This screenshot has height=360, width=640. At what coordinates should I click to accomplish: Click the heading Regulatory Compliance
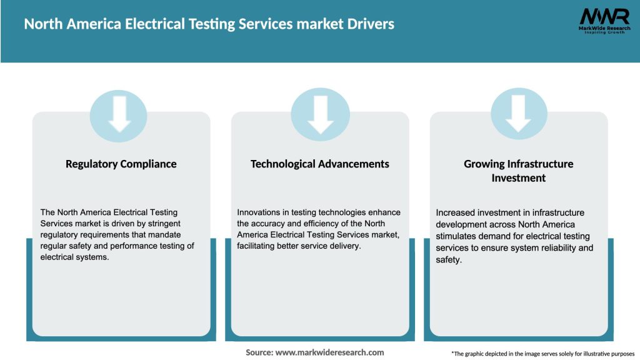(121, 164)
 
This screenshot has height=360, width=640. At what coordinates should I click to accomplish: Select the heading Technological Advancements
(320, 164)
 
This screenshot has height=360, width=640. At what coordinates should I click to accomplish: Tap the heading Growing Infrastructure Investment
(518, 171)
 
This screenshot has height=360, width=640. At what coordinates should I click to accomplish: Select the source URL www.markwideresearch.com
(329, 352)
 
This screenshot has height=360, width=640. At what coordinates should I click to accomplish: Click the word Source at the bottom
(259, 352)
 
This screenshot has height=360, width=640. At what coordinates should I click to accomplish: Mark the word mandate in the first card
(174, 234)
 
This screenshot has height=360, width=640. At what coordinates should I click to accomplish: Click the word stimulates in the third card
(456, 236)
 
